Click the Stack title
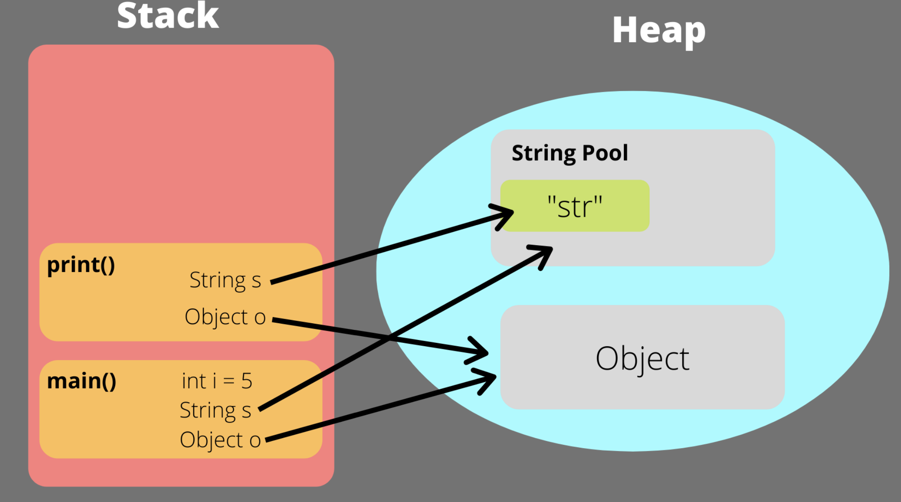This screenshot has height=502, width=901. click(x=168, y=16)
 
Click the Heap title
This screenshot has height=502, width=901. click(x=658, y=30)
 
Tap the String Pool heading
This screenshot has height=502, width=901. click(x=569, y=153)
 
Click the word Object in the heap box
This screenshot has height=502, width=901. click(x=642, y=358)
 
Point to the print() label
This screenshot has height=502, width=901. click(x=81, y=265)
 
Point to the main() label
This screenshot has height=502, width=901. click(x=81, y=381)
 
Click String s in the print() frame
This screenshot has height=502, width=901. click(x=225, y=280)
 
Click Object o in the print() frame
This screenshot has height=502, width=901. click(x=225, y=317)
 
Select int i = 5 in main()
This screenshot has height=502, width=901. click(x=217, y=381)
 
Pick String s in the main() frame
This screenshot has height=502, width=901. click(x=215, y=411)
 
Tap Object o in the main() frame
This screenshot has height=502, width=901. click(x=220, y=440)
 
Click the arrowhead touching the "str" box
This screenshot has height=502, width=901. click(x=505, y=215)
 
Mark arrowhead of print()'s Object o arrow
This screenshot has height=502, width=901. click(x=480, y=351)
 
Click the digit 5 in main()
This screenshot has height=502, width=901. click(x=247, y=381)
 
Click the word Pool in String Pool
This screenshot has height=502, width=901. click(x=605, y=153)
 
